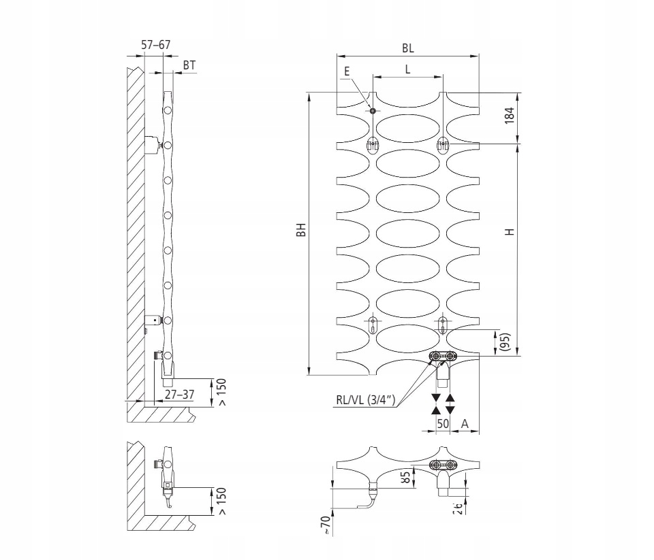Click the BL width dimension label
click(x=408, y=48)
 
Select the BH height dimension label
click(x=301, y=229)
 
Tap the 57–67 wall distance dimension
click(x=155, y=45)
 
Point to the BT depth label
click(x=189, y=65)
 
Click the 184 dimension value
click(x=510, y=116)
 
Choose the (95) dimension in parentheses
click(x=505, y=342)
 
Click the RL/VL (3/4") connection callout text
click(x=365, y=400)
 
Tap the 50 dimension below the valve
click(x=443, y=423)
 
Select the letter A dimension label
click(x=465, y=423)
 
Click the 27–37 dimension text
click(x=179, y=394)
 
